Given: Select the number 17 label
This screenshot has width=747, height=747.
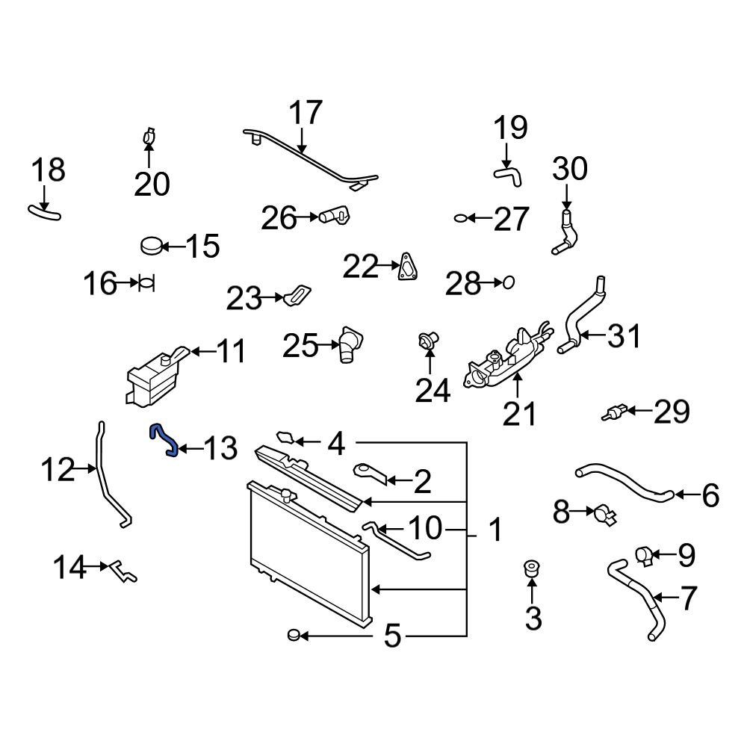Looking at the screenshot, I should click(x=305, y=114).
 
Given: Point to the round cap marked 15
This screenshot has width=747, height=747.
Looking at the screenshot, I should click(x=152, y=245).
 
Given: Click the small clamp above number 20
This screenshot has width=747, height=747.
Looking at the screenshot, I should click(x=148, y=137).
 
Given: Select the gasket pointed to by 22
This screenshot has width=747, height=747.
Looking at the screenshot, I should click(x=407, y=267).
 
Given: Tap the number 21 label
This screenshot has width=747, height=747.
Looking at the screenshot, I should click(x=519, y=412).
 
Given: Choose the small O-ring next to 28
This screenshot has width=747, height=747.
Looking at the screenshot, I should click(x=508, y=282).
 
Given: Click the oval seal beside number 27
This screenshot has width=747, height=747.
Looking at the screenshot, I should click(x=462, y=218).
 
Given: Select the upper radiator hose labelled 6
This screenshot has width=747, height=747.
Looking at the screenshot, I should click(x=624, y=483).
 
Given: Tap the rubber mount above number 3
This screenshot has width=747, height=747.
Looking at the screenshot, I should click(x=532, y=568).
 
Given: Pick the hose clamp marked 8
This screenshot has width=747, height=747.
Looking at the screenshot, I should click(x=603, y=514).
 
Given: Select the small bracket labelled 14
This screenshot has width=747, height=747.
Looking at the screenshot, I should click(x=122, y=571).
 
